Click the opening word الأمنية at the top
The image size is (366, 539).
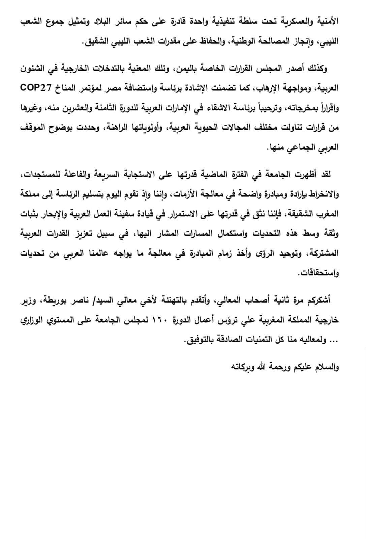pos(327,22)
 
